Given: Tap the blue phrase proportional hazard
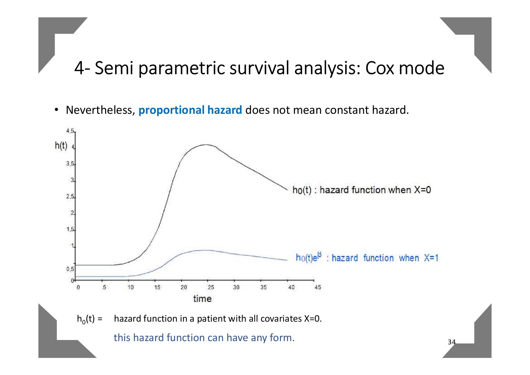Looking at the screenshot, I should pos(190,110).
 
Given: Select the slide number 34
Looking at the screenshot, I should pos(451,342).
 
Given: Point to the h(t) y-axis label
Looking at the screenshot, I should pos(61,146).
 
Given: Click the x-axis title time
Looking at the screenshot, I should pos(202,299).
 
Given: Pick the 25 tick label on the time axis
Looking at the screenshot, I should pos(210,287).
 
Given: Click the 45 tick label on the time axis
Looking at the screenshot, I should pos(317,287).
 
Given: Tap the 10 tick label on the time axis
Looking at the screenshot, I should pos(130,287).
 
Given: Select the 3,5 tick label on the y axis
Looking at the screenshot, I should pos(70,164).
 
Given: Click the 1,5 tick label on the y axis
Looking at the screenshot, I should pos(70,229).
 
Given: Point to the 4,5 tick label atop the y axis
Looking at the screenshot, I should pos(70,131).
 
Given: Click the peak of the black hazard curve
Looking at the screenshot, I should pos(206,144).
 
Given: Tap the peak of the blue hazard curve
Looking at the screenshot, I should pos(206,250).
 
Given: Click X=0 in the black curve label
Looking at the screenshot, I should pos(422,190).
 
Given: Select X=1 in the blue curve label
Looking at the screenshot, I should pos(431,258).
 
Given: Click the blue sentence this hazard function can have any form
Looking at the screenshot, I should pos(204,338).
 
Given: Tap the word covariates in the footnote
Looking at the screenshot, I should pos(281,319).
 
